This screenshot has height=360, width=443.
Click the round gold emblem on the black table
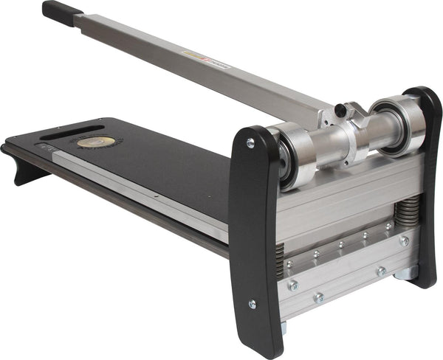(x=96, y=141)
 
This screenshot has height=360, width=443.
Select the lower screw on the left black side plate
(x=253, y=303)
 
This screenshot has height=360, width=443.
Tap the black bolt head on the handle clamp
(x=340, y=111)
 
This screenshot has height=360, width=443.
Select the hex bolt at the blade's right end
(x=404, y=240)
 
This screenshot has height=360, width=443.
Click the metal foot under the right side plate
(x=407, y=274)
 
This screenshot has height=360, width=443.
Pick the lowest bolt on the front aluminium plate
(x=318, y=298)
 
